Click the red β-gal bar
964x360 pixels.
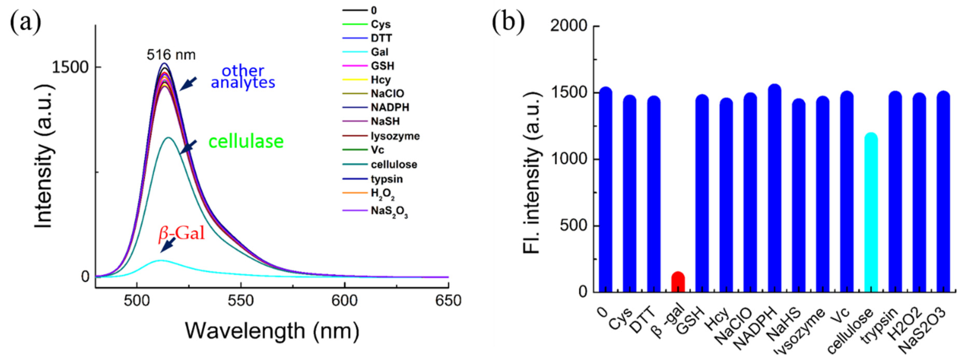click(678, 282)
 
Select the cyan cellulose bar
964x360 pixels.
click(871, 213)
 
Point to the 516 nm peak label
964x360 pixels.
click(171, 55)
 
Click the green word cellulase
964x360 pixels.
click(246, 141)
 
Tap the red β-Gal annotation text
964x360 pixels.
click(181, 233)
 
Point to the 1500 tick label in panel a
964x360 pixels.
click(70, 67)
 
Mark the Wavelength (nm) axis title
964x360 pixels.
click(272, 331)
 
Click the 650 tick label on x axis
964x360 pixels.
click(448, 301)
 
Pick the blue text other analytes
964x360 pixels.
click(243, 77)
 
